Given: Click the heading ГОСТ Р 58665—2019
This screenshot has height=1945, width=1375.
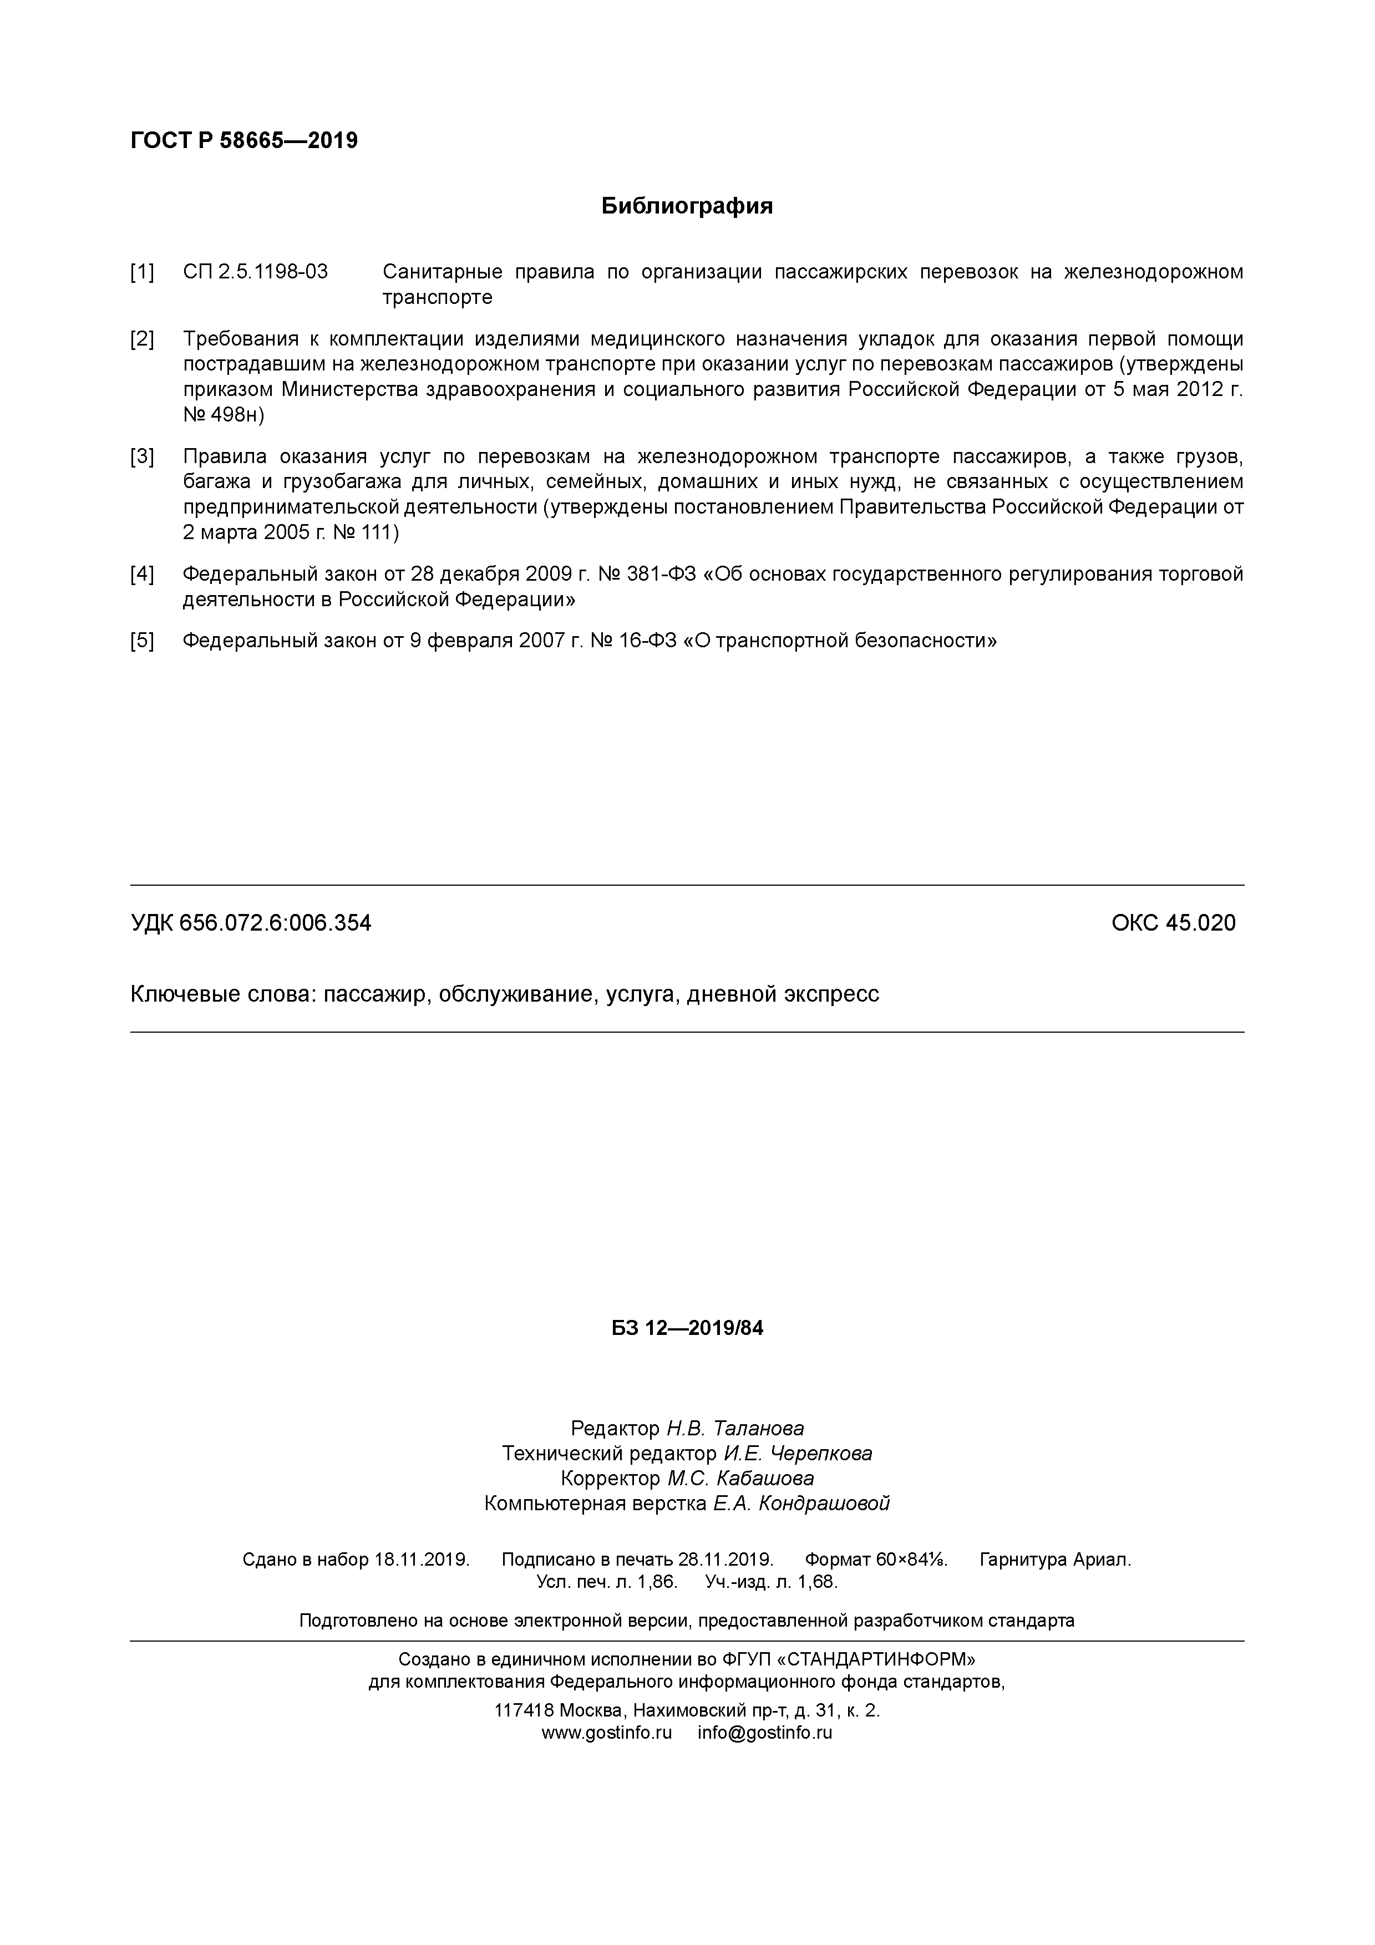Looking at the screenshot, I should click(244, 141).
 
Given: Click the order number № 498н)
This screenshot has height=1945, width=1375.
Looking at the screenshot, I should click(224, 415).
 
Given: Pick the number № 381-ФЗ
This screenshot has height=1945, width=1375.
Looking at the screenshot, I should click(648, 575).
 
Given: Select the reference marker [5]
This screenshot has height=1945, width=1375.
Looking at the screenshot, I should click(143, 641).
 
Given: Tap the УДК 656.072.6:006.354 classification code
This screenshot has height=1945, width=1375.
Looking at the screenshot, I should click(251, 922).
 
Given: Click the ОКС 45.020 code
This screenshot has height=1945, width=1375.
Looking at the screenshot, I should click(1173, 922).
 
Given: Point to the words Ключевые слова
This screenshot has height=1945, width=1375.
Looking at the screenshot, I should click(220, 994).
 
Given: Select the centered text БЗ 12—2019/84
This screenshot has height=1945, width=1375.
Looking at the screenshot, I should click(687, 1328).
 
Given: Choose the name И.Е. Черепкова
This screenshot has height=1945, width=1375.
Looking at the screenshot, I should click(797, 1454).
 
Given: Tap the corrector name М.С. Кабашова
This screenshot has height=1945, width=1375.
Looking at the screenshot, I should click(740, 1478).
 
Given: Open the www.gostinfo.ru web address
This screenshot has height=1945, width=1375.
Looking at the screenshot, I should click(607, 1733).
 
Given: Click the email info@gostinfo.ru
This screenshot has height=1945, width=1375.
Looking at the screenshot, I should click(765, 1733).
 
